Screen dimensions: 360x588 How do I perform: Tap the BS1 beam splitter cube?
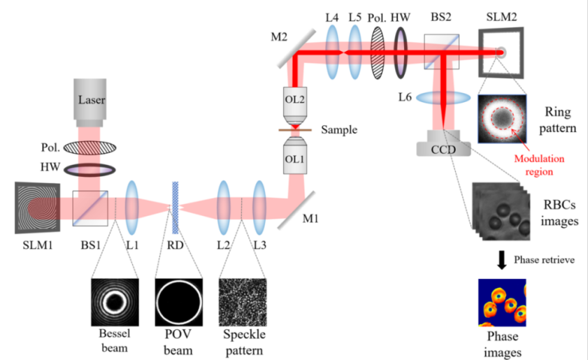tap(90, 208)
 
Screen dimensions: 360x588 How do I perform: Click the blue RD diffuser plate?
tap(175, 206)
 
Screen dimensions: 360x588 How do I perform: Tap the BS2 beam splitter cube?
tap(442, 51)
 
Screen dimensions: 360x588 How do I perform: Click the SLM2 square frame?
tap(500, 51)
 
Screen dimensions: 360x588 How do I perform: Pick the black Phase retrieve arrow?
tap(501, 259)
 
